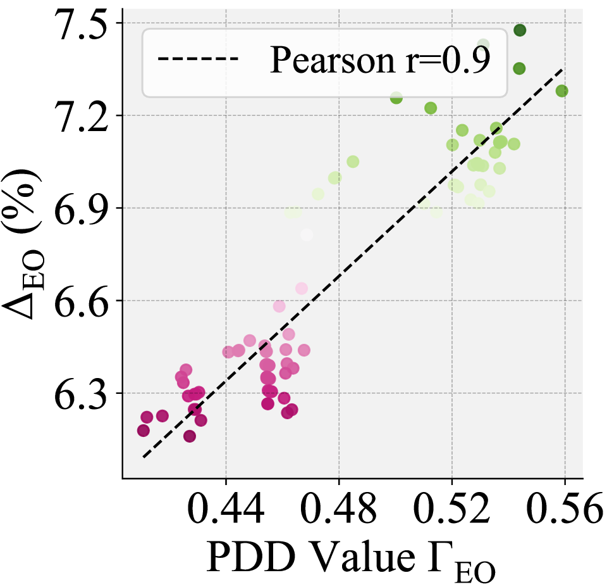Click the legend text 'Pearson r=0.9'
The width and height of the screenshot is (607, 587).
click(379, 61)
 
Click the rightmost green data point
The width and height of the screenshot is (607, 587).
click(561, 91)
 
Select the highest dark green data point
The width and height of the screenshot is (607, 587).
click(520, 30)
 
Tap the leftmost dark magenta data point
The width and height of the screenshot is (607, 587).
click(144, 431)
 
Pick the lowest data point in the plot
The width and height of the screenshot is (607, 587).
click(190, 436)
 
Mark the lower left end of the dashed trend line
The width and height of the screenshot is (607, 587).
click(144, 457)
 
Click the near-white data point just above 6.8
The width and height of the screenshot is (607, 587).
click(307, 236)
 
